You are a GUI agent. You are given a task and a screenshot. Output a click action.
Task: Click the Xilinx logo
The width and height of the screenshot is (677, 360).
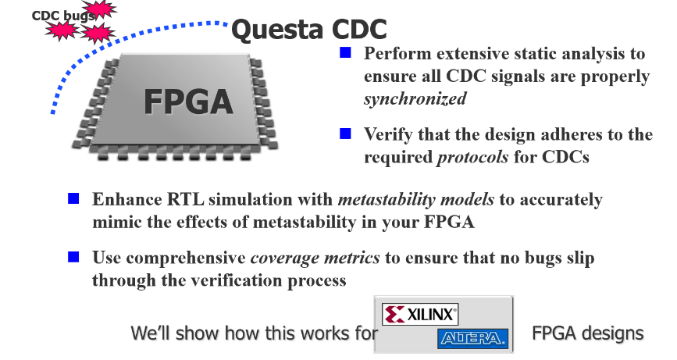(x=419, y=314)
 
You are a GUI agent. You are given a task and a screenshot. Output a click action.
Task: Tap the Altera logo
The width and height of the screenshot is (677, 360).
(x=472, y=338)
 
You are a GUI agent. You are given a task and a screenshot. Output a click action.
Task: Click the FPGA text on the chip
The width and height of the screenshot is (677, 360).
(x=188, y=102)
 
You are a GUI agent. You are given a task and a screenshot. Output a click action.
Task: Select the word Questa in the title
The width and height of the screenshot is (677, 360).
(x=277, y=30)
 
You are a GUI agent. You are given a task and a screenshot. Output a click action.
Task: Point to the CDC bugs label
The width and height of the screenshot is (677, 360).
(x=63, y=16)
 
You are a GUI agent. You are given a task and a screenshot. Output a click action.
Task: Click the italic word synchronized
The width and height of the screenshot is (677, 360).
(x=415, y=98)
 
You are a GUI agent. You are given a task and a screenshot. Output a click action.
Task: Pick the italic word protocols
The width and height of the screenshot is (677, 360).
(x=472, y=157)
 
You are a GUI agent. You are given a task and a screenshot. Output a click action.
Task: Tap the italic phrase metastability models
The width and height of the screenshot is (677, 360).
(x=415, y=199)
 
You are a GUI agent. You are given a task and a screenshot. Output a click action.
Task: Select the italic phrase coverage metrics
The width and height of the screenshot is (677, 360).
(x=315, y=258)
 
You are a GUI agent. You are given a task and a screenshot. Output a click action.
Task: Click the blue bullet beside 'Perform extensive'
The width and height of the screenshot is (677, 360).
(x=345, y=52)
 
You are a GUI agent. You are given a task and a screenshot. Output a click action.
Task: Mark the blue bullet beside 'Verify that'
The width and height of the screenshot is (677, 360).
(x=345, y=134)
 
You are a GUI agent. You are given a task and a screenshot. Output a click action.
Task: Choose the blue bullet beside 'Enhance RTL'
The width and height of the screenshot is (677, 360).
(x=74, y=198)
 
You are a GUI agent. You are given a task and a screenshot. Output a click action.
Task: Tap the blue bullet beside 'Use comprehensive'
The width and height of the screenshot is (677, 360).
(x=74, y=257)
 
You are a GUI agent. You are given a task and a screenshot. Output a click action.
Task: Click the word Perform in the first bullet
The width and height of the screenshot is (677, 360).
(x=397, y=54)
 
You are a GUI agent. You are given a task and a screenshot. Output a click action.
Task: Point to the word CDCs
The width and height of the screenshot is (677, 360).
(x=565, y=157)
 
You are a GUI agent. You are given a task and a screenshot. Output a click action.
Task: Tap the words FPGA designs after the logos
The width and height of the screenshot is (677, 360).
(x=588, y=333)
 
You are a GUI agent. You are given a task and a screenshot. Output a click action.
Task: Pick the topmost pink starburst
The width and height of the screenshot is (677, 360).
(x=100, y=9)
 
